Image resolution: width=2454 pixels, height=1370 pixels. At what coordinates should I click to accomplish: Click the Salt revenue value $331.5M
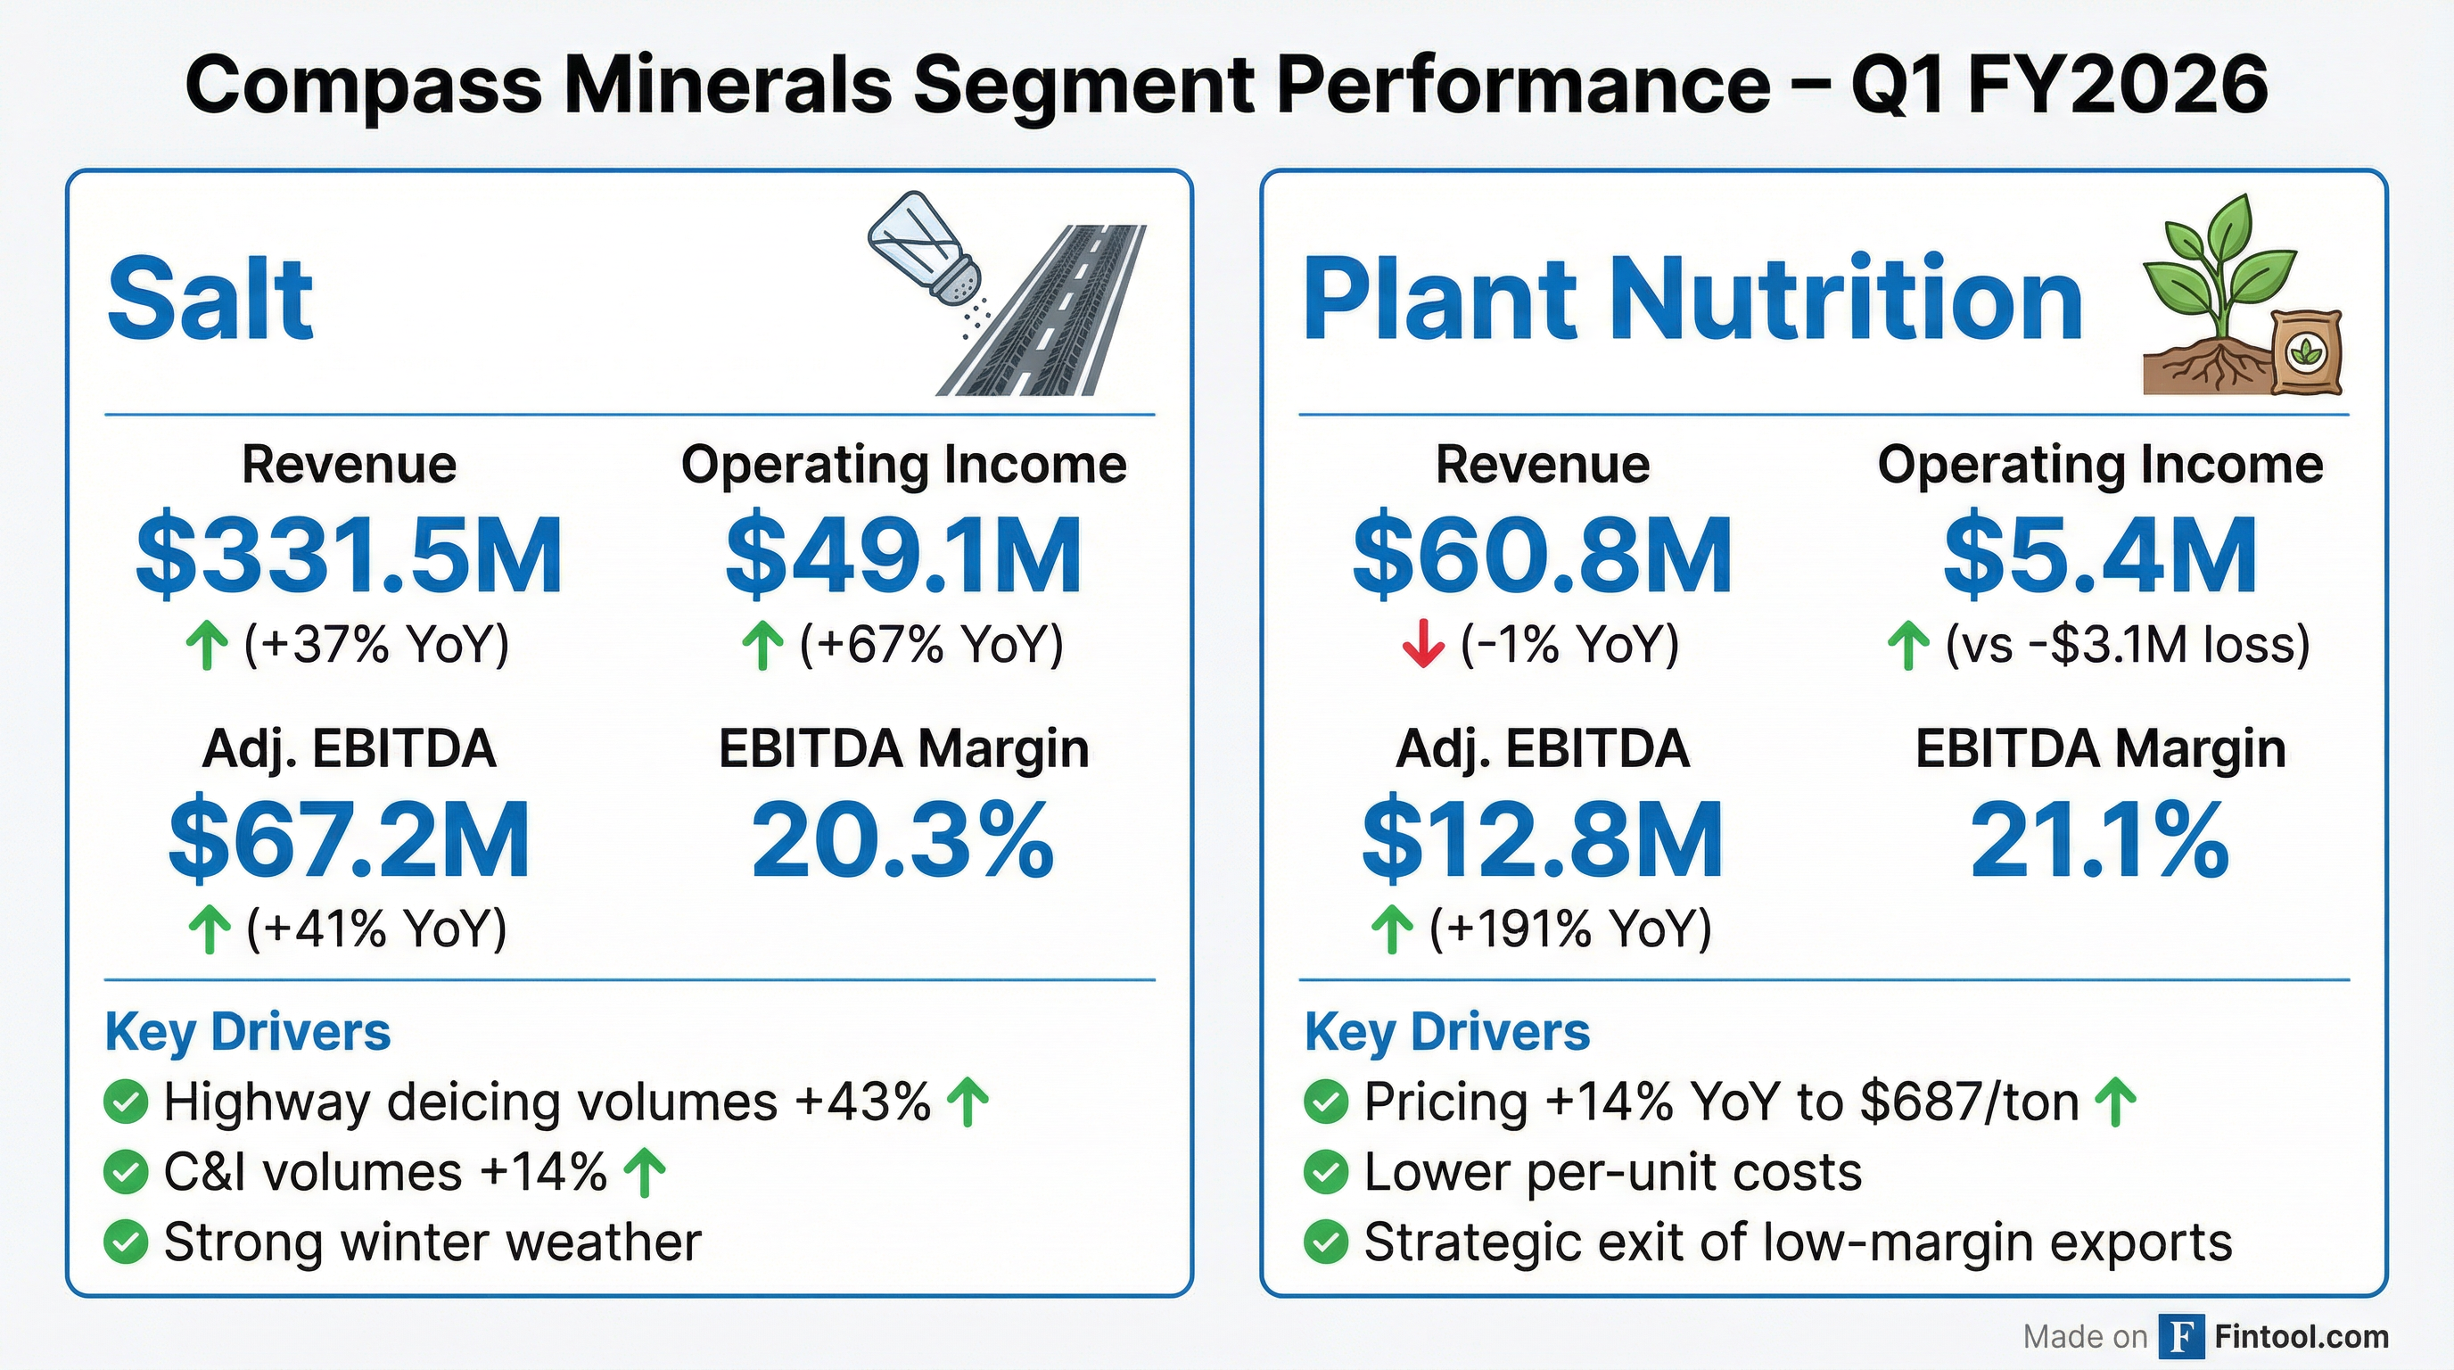(x=349, y=556)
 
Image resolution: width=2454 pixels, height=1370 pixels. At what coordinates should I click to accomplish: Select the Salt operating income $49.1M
(x=903, y=556)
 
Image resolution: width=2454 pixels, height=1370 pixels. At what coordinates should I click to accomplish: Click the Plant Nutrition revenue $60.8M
(x=1543, y=556)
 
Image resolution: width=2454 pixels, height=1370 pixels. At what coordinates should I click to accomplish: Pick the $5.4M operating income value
(x=2100, y=556)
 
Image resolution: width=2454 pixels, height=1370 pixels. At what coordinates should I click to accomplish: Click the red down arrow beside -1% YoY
(x=1423, y=644)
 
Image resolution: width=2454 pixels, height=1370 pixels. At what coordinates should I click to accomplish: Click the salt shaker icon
(x=924, y=250)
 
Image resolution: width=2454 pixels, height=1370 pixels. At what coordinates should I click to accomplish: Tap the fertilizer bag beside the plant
(x=2305, y=352)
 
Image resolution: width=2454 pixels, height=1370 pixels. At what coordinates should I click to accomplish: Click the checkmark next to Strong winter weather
(x=126, y=1242)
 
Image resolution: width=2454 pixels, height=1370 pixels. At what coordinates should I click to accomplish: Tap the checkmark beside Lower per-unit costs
(x=1325, y=1172)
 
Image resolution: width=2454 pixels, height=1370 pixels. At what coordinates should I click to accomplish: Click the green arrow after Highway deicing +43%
(x=968, y=1102)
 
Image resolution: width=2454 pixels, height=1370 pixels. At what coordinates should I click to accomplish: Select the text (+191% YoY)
(x=1570, y=928)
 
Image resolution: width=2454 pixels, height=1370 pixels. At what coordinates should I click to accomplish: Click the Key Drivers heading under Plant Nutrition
(x=1446, y=1032)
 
